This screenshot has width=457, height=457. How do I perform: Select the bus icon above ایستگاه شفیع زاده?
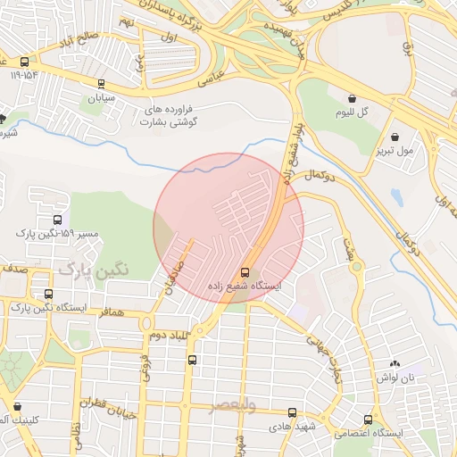[x=245, y=272]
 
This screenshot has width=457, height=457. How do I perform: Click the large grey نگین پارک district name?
[x=93, y=267]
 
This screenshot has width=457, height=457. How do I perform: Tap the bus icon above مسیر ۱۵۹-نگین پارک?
[x=58, y=220]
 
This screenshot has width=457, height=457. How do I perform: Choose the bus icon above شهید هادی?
[x=293, y=412]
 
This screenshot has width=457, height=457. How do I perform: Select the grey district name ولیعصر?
[x=232, y=407]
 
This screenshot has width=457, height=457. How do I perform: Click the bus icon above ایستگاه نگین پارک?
[x=47, y=294]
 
